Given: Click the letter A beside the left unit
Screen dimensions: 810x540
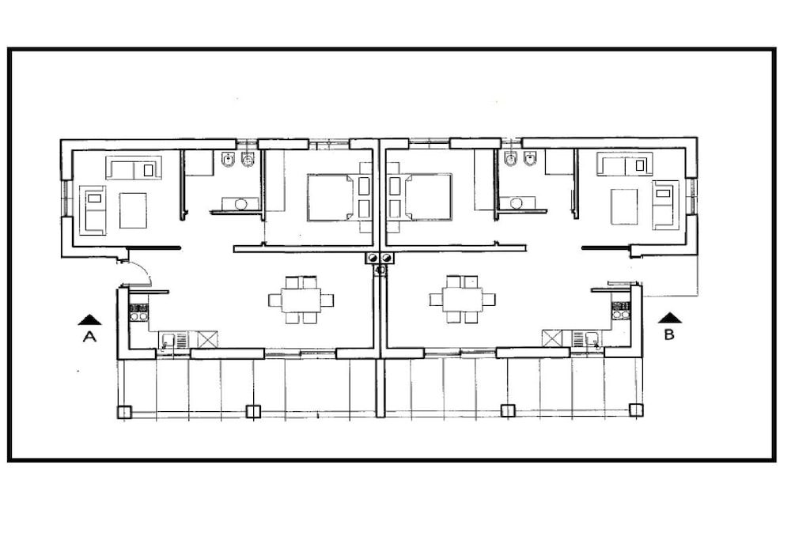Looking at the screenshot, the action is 89,337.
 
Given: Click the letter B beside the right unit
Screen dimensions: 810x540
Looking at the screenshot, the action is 669,334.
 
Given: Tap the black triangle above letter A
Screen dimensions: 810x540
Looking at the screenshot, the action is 89,319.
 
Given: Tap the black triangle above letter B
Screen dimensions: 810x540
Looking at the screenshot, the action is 670,318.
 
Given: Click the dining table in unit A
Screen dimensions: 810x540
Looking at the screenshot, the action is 301,300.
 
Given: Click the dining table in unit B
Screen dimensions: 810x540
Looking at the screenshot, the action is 462,300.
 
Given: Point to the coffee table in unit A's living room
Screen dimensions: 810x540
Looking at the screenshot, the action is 133,210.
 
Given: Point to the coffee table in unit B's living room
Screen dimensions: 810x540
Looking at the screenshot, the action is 624,206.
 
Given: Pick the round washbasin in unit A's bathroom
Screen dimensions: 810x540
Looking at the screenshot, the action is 240,204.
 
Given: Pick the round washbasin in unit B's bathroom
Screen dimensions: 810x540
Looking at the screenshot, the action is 516,203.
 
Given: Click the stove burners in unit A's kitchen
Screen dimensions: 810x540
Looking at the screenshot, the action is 138,312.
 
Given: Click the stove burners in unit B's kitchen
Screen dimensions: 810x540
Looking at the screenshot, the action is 621,310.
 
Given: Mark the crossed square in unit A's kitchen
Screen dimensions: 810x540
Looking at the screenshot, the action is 208,340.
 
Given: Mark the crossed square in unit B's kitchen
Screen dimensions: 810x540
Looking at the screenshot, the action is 551,338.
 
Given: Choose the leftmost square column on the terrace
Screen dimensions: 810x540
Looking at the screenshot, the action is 124,412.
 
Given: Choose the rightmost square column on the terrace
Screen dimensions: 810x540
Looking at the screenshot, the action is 637,410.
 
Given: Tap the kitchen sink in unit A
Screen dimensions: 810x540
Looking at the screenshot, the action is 168,341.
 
